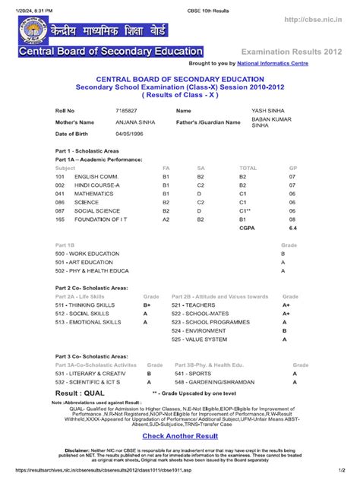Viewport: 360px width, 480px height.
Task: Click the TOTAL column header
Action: click(248, 168)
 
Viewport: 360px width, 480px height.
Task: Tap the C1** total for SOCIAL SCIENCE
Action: click(247, 210)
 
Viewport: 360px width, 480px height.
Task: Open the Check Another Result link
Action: click(179, 436)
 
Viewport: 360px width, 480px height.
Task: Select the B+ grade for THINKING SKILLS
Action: click(147, 305)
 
